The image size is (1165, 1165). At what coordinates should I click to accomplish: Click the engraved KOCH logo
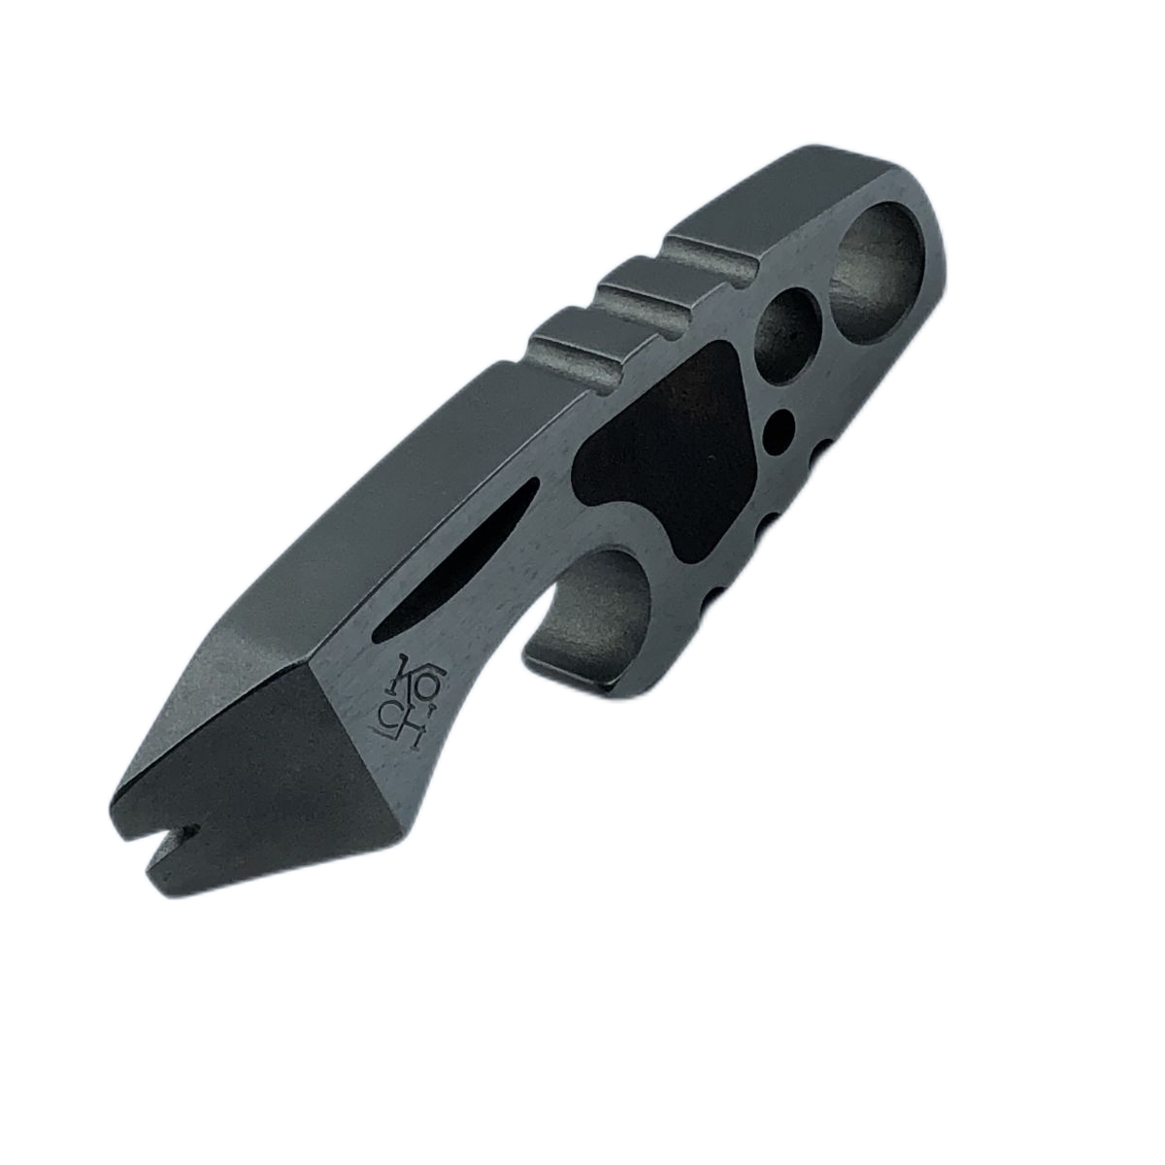pyautogui.click(x=401, y=705)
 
